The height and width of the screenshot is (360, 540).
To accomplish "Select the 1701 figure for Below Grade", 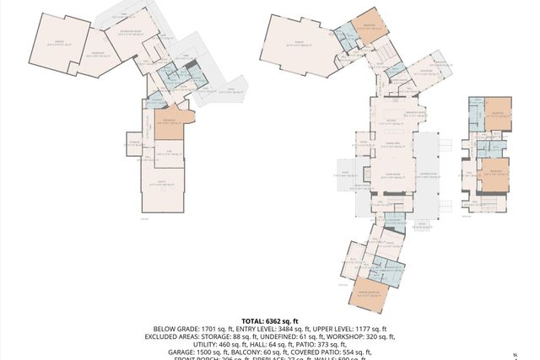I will pyautogui.click(x=207, y=329).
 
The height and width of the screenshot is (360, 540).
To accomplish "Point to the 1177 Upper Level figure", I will pyautogui.click(x=366, y=329).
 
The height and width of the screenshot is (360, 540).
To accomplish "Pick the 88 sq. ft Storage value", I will pyautogui.click(x=241, y=336).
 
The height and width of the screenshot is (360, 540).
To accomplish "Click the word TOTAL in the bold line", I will pyautogui.click(x=254, y=321).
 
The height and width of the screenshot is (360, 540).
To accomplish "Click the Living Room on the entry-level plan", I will pyautogui.click(x=392, y=175).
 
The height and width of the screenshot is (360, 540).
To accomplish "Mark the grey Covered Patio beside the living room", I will pyautogui.click(x=427, y=173).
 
